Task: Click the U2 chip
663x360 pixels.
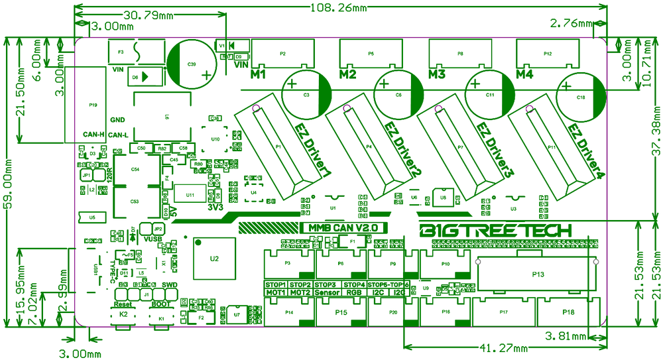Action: (213, 258)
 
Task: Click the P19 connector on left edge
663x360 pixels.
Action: (92, 104)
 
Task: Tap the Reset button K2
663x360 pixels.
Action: (123, 316)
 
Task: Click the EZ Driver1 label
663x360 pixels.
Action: (312, 152)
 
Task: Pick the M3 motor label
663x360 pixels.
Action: (436, 74)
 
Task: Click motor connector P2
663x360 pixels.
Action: (283, 52)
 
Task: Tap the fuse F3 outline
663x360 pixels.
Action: (136, 51)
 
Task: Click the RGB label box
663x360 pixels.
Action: (354, 292)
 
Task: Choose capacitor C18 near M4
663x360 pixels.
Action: (581, 97)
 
